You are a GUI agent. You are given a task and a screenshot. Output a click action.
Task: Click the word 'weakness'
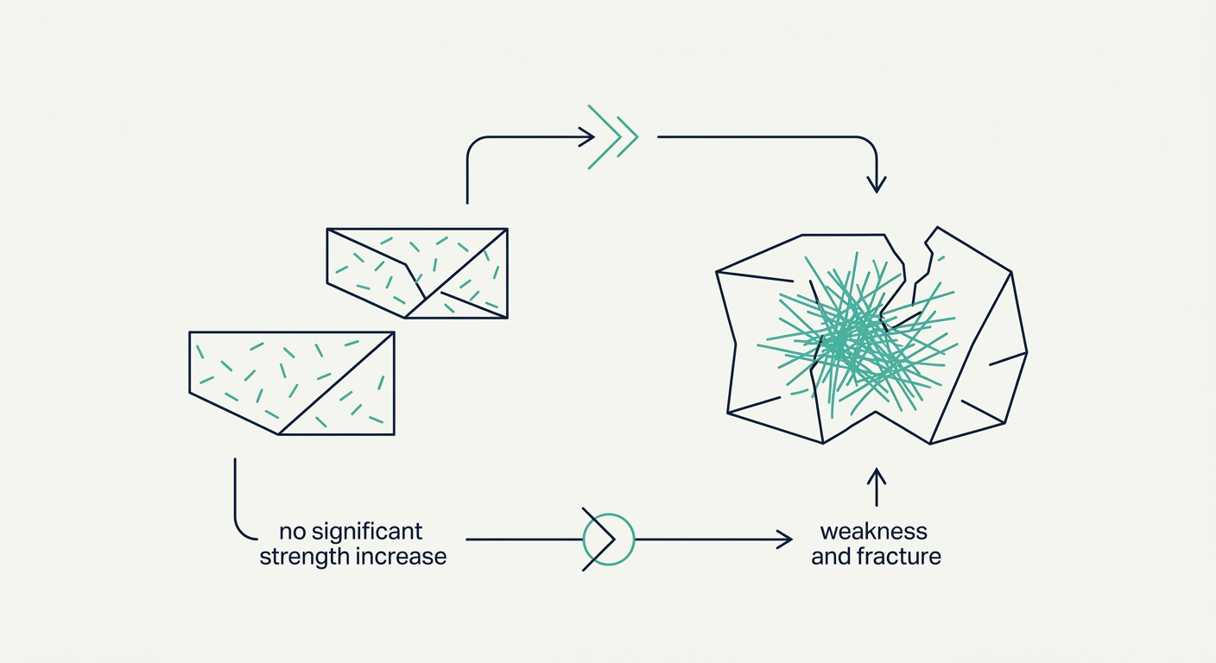873,532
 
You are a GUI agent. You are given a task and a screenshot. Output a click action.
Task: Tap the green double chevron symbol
613,137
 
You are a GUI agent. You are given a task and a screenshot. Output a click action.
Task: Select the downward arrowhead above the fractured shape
877,185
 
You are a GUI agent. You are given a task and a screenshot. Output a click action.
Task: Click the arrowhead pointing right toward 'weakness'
786,540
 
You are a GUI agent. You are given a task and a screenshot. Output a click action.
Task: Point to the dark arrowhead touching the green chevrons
587,137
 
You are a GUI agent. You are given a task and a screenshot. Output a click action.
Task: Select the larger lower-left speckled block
292,383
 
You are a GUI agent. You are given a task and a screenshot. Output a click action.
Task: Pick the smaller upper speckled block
417,273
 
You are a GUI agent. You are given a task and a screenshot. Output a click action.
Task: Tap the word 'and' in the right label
831,557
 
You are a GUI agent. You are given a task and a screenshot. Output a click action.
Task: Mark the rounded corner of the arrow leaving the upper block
473,144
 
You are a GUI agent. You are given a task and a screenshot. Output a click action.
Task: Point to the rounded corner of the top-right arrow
871,143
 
